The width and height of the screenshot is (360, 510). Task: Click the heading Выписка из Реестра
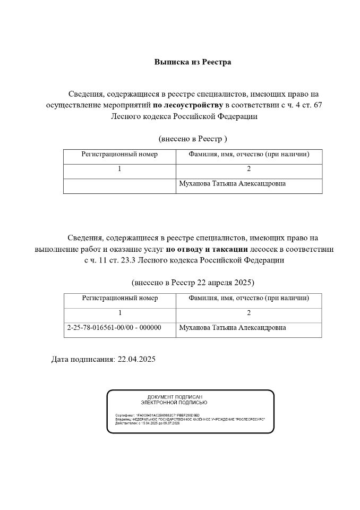point(192,62)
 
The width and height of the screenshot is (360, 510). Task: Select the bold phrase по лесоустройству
point(188,105)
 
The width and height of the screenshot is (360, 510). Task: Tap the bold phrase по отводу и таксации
point(207,249)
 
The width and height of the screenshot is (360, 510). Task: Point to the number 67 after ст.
point(318,105)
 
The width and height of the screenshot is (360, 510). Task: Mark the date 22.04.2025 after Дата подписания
point(136,360)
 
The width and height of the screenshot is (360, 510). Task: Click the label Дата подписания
point(82,360)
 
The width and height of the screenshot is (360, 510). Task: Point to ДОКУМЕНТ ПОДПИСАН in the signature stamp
point(175,397)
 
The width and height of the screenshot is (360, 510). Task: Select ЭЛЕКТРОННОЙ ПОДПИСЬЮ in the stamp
point(175,403)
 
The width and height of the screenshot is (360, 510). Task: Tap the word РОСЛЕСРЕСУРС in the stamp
point(250,419)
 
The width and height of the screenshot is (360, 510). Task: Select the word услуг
point(153,249)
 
